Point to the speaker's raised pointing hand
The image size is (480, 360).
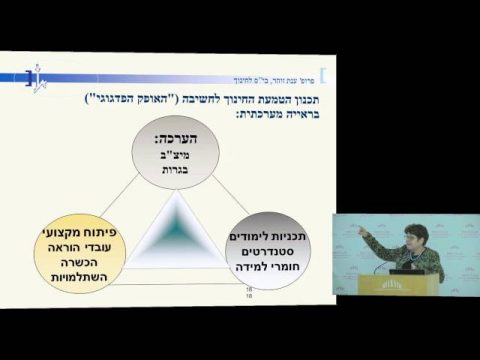point(363,232)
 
